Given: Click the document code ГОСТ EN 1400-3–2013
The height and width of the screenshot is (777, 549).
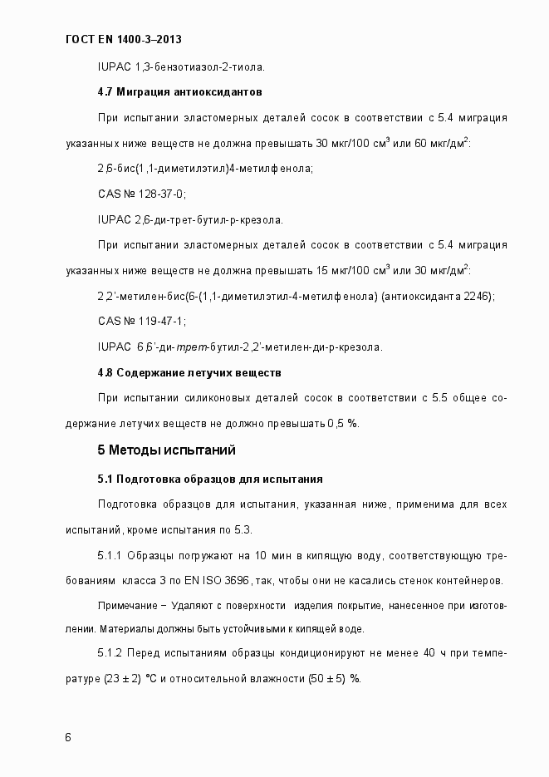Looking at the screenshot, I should coord(123,39).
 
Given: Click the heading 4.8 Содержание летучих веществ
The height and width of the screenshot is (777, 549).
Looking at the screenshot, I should coord(189,372).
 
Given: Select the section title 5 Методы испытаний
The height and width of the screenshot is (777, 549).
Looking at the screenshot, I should coord(167,450).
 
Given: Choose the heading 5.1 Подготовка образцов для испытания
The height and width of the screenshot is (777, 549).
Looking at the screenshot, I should coord(210,479).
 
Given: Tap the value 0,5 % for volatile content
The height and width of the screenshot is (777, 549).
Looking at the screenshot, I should coord(342,424).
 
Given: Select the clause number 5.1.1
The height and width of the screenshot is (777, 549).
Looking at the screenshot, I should coord(110,554).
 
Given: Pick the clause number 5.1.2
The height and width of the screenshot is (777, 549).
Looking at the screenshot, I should coord(110,653).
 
